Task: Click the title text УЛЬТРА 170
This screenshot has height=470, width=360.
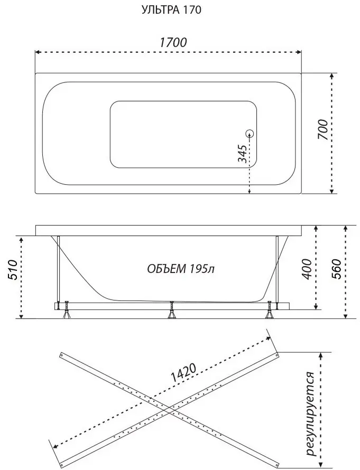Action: pos(171,10)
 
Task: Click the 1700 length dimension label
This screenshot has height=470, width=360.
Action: pos(173,43)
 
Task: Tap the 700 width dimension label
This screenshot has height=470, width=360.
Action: pos(323,129)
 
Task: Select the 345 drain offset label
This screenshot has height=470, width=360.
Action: pos(243,154)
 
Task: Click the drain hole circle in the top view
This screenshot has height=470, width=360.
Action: pos(250,134)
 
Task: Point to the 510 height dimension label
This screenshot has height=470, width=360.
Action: pos(13,270)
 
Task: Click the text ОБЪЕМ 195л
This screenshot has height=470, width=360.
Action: pos(181,269)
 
